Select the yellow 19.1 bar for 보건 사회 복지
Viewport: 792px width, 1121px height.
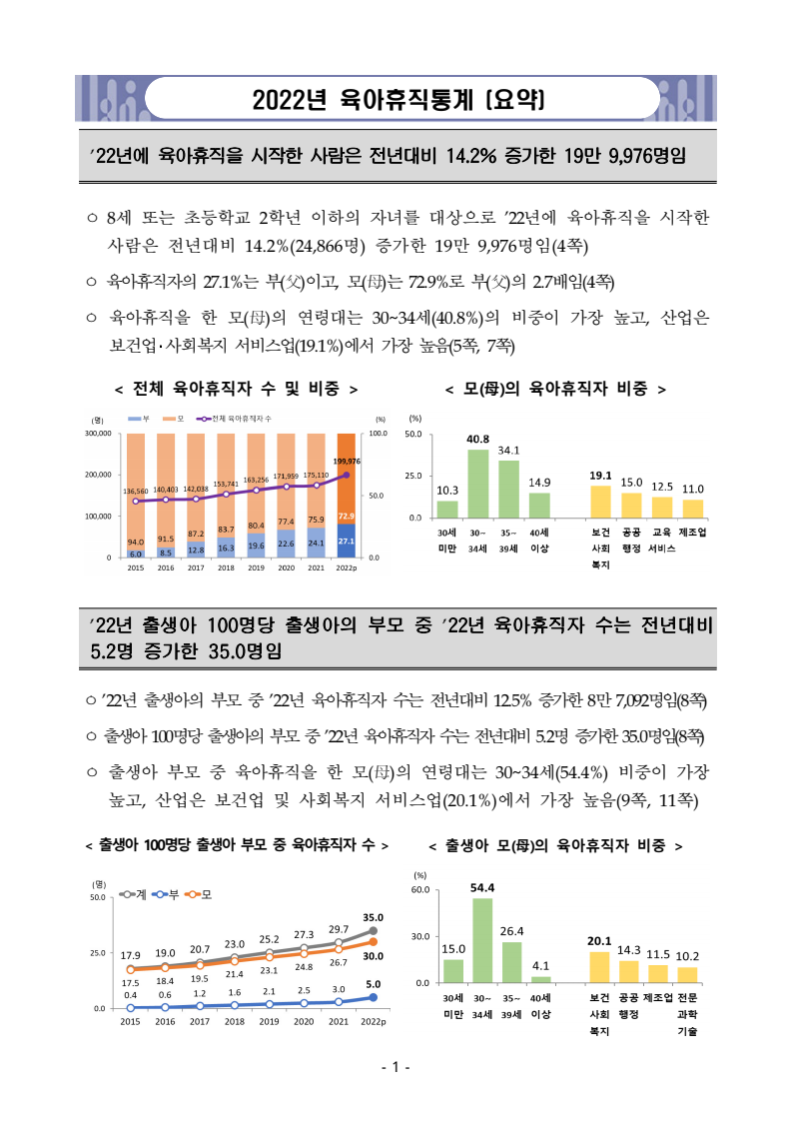(x=601, y=501)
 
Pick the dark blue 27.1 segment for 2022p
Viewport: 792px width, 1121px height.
(x=347, y=541)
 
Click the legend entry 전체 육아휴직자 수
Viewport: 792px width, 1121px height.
(x=240, y=419)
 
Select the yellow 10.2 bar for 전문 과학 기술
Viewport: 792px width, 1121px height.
(x=687, y=975)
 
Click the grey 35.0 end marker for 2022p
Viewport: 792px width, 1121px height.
(x=374, y=931)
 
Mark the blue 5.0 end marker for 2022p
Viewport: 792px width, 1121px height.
(x=374, y=997)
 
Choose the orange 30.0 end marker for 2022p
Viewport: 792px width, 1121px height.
(x=374, y=941)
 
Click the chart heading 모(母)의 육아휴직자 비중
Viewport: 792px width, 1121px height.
(x=555, y=388)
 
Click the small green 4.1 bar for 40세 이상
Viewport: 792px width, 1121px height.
(x=541, y=979)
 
